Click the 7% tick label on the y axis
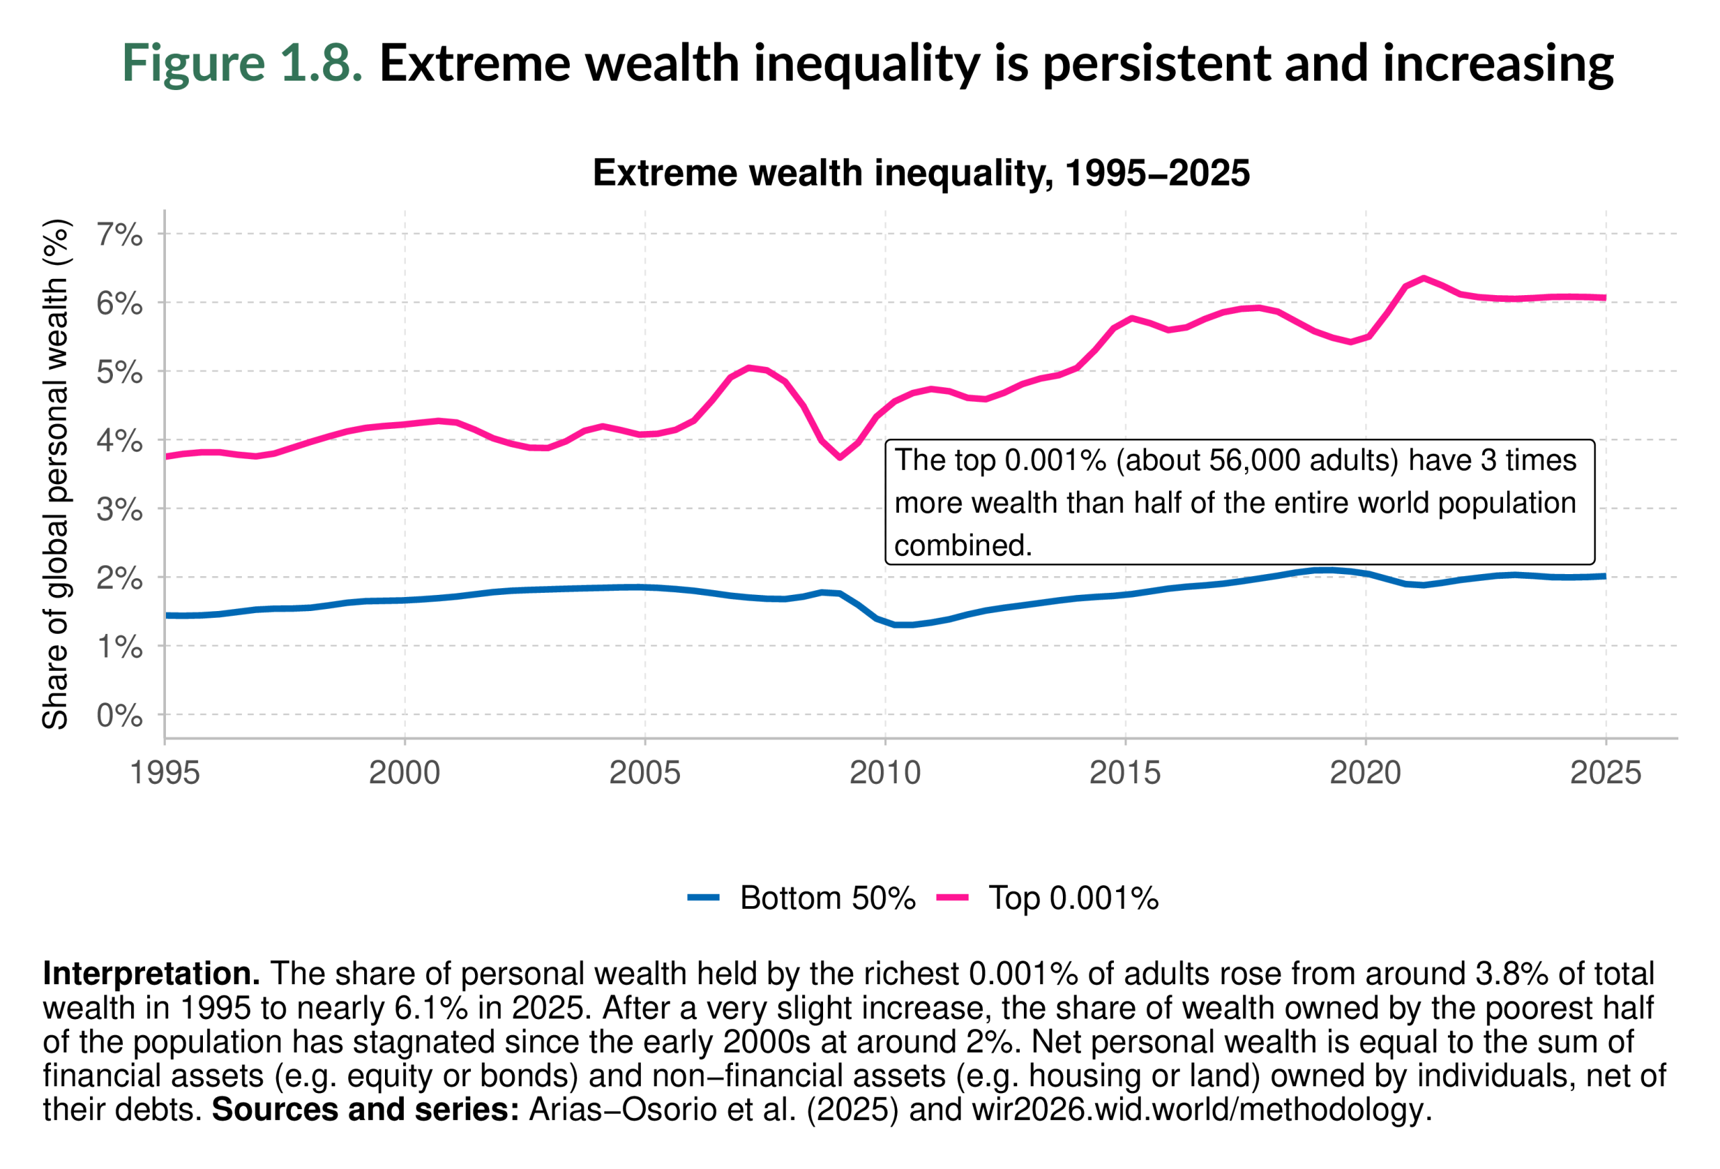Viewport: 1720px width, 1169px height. click(119, 235)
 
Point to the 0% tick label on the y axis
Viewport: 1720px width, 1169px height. click(119, 716)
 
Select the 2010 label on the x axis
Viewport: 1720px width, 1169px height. click(884, 773)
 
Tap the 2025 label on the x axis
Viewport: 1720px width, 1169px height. click(1604, 773)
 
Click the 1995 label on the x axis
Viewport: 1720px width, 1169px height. click(165, 773)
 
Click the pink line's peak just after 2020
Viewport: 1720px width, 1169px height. click(1423, 278)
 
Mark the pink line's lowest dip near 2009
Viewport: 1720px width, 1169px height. click(840, 457)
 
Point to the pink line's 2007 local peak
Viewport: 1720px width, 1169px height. click(749, 367)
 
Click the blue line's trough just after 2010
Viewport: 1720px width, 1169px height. click(903, 625)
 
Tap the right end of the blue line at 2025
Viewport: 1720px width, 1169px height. click(1604, 576)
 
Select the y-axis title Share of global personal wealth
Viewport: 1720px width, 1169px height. click(56, 474)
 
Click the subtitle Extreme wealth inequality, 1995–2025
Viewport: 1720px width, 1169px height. click(920, 173)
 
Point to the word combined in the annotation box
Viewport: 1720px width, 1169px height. click(961, 546)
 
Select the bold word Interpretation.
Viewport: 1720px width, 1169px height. click(151, 973)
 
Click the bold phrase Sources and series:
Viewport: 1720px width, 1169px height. click(365, 1109)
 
